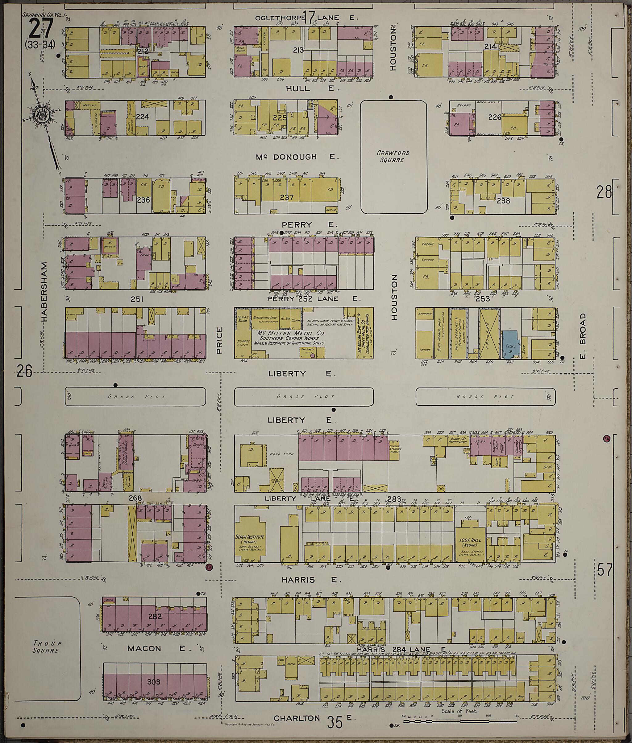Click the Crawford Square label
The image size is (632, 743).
click(393, 156)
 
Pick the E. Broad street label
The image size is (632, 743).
click(583, 336)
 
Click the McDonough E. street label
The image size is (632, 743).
click(297, 157)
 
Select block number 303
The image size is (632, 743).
click(154, 682)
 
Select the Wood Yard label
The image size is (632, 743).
click(285, 454)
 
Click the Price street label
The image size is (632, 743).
click(220, 340)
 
